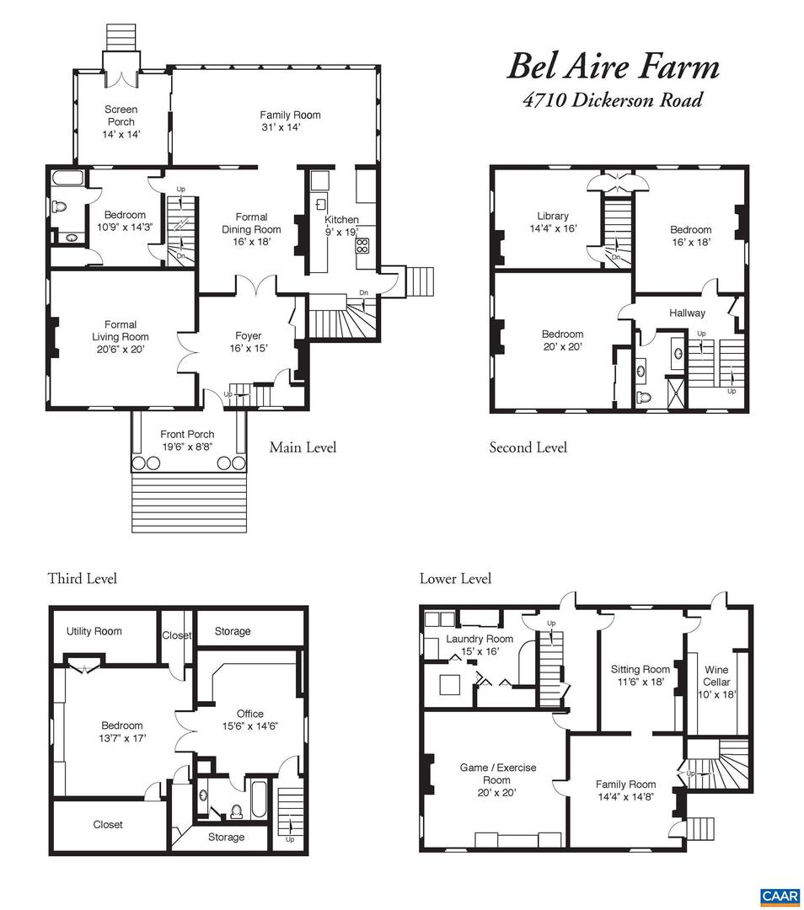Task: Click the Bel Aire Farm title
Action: (x=613, y=67)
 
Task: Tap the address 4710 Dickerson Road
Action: (x=613, y=100)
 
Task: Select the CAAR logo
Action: (x=779, y=897)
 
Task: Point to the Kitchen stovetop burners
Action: (x=362, y=246)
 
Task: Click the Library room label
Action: (x=553, y=216)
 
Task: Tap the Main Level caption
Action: (x=303, y=447)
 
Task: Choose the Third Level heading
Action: (x=82, y=578)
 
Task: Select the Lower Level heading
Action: (x=455, y=578)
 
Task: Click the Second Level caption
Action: (x=528, y=447)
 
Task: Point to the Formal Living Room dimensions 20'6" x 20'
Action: (x=121, y=349)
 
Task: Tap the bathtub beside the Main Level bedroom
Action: (x=66, y=179)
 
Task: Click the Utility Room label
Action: (x=94, y=631)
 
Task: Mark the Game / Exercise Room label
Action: (x=497, y=768)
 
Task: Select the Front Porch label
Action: (x=187, y=434)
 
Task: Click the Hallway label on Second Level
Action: (x=687, y=313)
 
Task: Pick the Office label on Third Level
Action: (x=250, y=714)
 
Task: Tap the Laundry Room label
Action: (x=480, y=639)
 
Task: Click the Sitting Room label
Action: (x=641, y=669)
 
